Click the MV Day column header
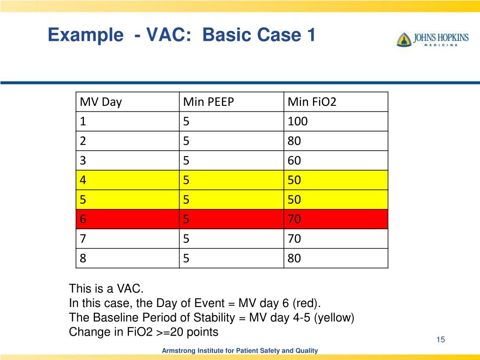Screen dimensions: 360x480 coord(101,102)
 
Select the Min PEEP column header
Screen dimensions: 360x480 coord(208,102)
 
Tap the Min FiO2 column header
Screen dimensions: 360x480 coord(312,102)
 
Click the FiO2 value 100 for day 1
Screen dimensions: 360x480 coord(298,122)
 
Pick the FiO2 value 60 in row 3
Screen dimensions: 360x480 coord(294,161)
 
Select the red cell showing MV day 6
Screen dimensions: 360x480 coord(127,219)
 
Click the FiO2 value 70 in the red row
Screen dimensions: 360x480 coord(294,219)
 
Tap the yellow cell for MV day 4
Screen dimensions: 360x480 coord(127,180)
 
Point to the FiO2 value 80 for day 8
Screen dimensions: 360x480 coord(294,258)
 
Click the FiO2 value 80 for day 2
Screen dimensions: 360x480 coord(294,141)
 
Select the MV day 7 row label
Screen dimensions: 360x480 coord(83,239)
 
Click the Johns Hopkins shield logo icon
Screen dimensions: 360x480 coord(403,39)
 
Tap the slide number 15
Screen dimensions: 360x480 coord(440,340)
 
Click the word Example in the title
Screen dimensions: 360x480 coord(82,35)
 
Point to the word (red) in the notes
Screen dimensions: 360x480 coord(307,303)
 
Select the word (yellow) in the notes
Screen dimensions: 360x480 coord(334,317)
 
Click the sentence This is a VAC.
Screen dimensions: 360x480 coord(106,288)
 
